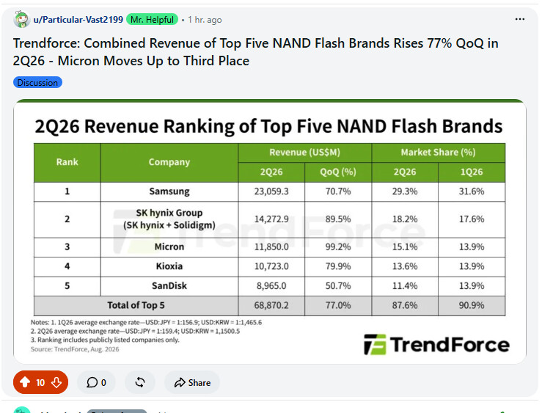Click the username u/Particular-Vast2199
point(78,20)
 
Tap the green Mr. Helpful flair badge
point(152,19)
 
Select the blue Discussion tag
point(37,83)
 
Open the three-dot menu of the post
point(520,19)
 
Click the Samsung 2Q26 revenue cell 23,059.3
point(271,191)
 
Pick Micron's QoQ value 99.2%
point(338,246)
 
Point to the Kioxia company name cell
point(169,266)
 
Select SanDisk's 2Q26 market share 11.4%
point(405,286)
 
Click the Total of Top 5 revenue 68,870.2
point(271,305)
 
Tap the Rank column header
point(67,162)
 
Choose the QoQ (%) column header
point(338,172)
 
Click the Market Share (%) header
point(439,153)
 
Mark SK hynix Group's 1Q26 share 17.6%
point(472,219)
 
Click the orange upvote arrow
point(25,382)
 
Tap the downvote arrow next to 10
point(56,383)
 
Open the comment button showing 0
point(96,383)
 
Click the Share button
point(192,383)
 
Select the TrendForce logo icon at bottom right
point(375,345)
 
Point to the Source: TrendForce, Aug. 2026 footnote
point(75,349)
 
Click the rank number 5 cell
point(67,286)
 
